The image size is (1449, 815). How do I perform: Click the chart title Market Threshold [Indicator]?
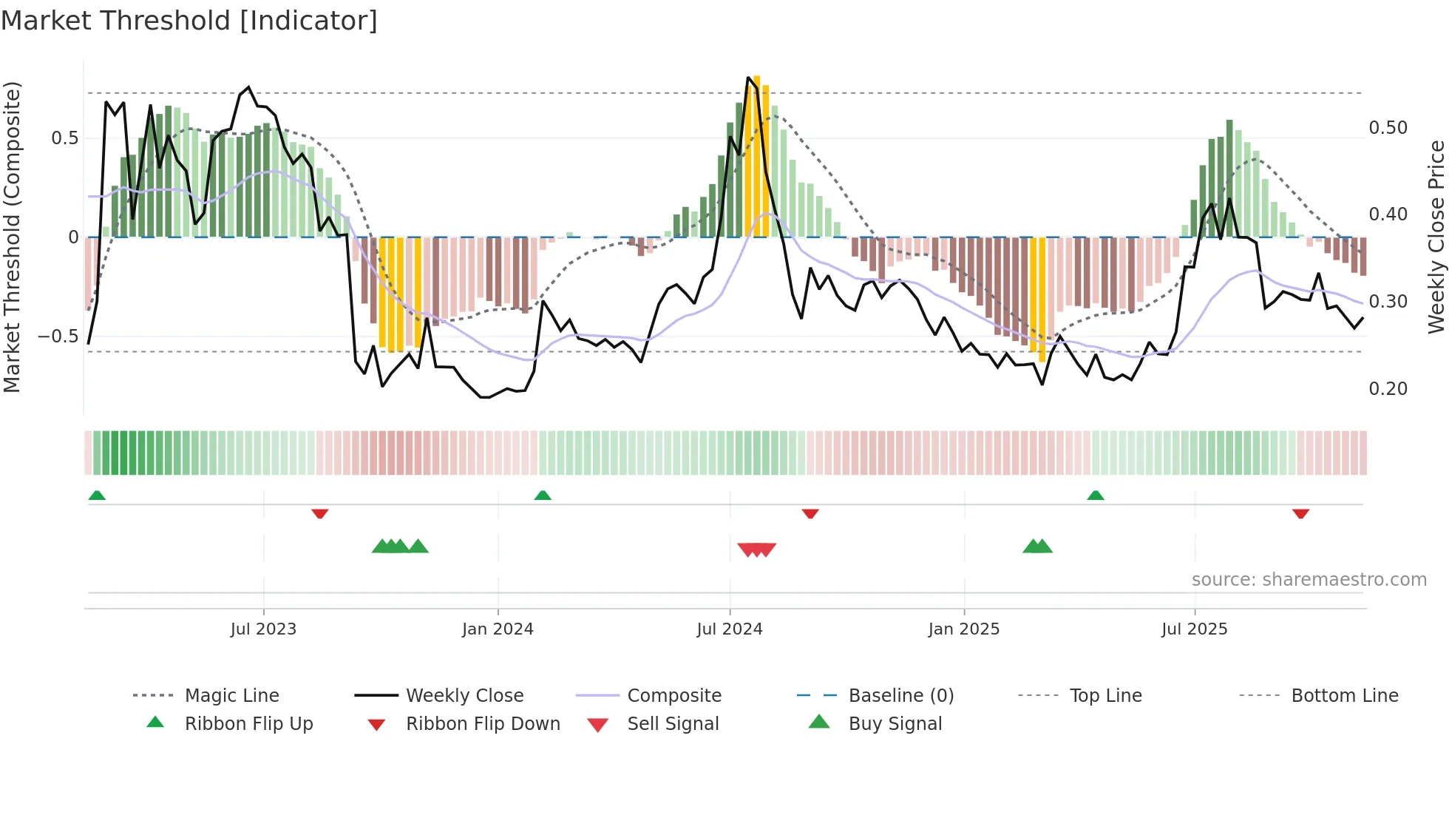click(189, 21)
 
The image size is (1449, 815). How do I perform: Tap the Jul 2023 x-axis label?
click(263, 629)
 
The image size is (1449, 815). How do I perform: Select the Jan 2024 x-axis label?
click(498, 629)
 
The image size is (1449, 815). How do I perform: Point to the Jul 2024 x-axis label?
click(729, 629)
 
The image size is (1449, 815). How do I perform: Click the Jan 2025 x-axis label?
click(964, 629)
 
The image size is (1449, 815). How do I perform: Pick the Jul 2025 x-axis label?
click(1194, 629)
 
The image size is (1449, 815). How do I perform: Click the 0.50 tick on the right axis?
click(1388, 128)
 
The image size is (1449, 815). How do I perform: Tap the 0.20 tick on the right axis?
click(1388, 389)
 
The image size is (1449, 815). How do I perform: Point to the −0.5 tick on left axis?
click(58, 337)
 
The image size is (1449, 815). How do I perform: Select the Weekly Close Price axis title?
click(1436, 237)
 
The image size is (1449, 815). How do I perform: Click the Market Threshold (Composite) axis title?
click(12, 237)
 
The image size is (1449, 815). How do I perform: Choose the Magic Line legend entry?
click(231, 696)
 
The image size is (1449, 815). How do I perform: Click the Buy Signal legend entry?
click(895, 724)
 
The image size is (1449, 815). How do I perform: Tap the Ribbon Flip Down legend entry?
click(483, 724)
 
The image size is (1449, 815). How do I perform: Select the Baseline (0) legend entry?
click(900, 696)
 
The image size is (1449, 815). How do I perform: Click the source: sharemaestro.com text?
click(1309, 580)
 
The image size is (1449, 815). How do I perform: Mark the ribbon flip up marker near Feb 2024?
click(543, 496)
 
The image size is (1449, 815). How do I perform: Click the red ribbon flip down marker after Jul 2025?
click(1300, 513)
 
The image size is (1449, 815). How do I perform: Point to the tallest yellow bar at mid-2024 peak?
click(756, 155)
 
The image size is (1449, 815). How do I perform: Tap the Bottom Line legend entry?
click(1344, 696)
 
